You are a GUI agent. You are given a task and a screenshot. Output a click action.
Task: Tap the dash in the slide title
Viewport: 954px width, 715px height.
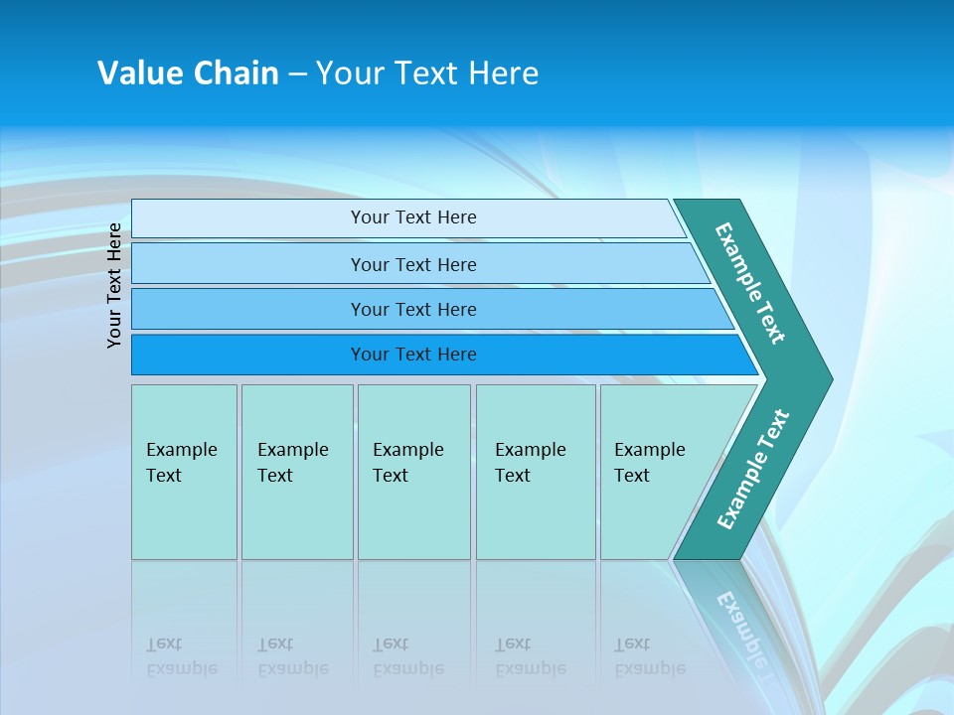tap(297, 74)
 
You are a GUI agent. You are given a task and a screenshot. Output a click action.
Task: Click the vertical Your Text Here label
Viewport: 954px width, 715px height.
tap(114, 285)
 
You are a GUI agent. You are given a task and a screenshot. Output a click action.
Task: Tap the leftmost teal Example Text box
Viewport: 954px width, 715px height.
tap(184, 472)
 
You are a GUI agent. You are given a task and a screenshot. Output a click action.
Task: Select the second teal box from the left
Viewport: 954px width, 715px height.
tap(297, 472)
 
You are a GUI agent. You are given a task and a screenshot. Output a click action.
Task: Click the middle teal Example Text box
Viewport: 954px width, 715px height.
tap(413, 472)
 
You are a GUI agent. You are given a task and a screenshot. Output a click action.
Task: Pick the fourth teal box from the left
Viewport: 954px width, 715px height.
tap(536, 472)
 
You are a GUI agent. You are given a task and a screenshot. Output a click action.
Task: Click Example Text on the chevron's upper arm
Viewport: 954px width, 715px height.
tap(750, 283)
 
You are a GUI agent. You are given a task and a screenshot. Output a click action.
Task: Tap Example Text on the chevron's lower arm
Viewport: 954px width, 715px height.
tap(752, 469)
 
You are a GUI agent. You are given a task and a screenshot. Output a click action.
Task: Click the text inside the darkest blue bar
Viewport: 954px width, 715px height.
tap(413, 355)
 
